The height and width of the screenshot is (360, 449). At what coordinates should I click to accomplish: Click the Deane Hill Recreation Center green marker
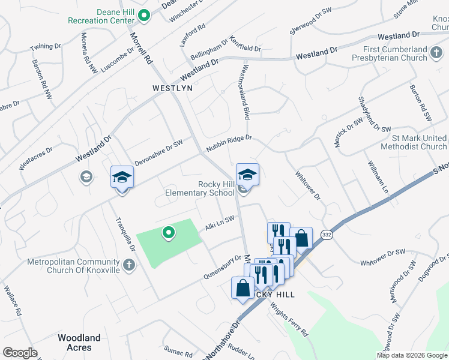click(143, 15)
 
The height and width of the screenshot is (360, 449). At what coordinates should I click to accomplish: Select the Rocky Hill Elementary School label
click(200, 189)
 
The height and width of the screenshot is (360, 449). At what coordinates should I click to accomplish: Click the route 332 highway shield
click(326, 234)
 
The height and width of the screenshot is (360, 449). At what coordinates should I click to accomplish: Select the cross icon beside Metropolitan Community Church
click(128, 265)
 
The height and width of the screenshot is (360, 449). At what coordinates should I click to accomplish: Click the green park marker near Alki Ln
click(169, 232)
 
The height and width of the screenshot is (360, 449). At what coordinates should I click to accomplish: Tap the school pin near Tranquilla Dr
click(122, 177)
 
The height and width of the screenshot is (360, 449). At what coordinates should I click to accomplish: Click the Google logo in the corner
click(20, 353)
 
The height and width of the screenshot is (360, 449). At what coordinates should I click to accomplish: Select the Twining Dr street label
click(46, 46)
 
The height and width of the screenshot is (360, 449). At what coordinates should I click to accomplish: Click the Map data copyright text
click(411, 355)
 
